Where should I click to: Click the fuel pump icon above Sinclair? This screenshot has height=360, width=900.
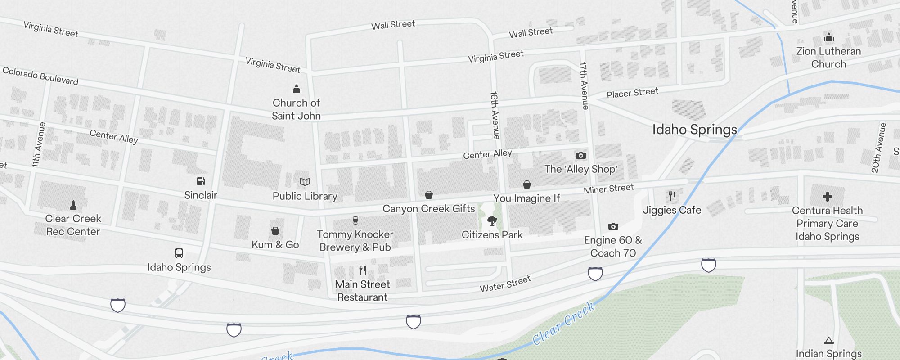click(201, 181)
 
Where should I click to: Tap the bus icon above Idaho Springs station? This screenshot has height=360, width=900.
click(179, 253)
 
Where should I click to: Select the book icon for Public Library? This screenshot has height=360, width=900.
click(305, 182)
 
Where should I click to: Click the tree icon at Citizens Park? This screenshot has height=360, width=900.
click(492, 221)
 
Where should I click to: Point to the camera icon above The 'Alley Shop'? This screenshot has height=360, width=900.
click(581, 156)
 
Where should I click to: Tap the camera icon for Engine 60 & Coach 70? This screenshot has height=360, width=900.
click(613, 226)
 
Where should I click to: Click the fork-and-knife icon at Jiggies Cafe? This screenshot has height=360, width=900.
click(672, 196)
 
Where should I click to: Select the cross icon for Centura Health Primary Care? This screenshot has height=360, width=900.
click(827, 197)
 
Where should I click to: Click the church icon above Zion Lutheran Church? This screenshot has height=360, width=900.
click(828, 38)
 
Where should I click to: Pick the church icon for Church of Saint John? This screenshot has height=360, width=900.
click(296, 89)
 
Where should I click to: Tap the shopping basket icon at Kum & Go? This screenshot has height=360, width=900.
click(275, 231)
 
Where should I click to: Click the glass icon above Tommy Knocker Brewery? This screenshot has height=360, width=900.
click(355, 220)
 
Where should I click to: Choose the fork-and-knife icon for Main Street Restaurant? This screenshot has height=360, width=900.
click(363, 270)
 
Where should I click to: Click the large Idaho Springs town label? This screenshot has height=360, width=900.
click(694, 130)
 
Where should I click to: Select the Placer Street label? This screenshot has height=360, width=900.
click(632, 93)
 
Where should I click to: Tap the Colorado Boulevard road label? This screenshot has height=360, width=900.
click(40, 76)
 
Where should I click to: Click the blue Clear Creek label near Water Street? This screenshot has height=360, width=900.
click(564, 324)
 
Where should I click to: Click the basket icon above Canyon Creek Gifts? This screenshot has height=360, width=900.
click(429, 195)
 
